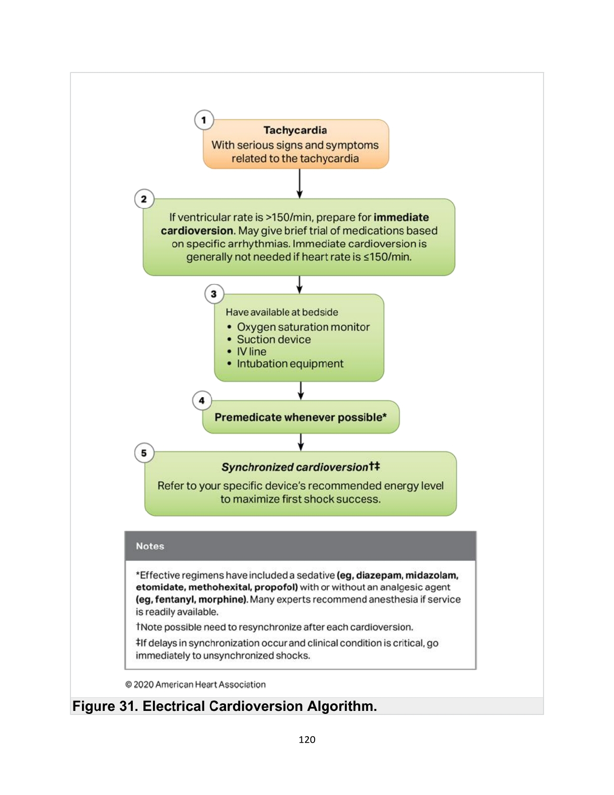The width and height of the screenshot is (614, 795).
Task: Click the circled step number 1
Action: pos(204,120)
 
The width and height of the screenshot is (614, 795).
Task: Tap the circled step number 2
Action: pos(144,199)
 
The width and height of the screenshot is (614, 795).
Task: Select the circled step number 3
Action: pos(214,294)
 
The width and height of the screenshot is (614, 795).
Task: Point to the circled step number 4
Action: pos(202,401)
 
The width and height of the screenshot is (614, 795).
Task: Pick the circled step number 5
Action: pos(144,453)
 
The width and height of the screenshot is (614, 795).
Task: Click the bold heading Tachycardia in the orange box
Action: pos(295,130)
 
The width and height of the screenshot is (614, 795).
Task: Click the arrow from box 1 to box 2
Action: pos(299,183)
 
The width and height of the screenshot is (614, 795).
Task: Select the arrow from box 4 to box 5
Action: pos(300,442)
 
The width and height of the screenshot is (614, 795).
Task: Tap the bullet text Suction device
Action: pos(274,339)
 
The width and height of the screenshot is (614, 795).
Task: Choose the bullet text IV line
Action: pos(252,351)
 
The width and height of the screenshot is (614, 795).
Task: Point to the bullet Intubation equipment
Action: pos(290,364)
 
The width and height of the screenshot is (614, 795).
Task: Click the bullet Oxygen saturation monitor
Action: pos(303,327)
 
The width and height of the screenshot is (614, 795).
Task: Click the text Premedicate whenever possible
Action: pos(300,417)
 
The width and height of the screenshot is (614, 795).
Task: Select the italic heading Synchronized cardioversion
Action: pos(295,467)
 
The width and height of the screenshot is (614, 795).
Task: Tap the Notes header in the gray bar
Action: pos(150,546)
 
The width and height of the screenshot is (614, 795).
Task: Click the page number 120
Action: pos(307,740)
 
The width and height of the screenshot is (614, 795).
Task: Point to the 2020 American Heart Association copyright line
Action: pos(195,685)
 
